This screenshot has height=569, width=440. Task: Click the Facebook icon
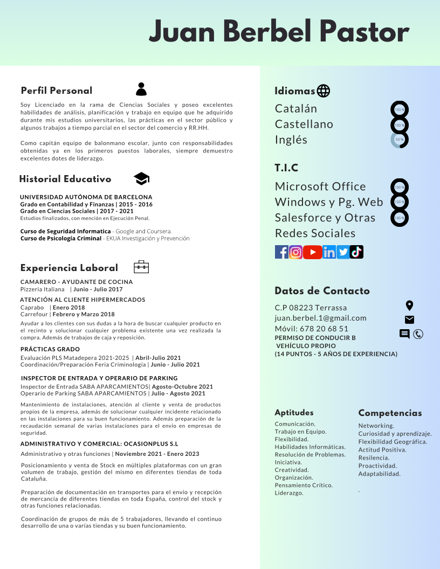[x=282, y=252]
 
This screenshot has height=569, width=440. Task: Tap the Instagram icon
[x=295, y=252]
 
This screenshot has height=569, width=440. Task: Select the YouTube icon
[x=312, y=252]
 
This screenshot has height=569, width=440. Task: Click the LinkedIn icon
[x=329, y=252]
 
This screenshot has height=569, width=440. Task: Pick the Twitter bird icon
[x=343, y=252]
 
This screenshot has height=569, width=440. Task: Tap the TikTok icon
[x=356, y=252]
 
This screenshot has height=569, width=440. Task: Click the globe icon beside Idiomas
[x=324, y=91]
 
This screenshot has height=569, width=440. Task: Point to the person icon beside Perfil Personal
[x=141, y=89]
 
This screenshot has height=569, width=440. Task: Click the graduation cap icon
[x=141, y=179]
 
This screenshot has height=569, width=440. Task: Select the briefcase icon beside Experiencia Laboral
[x=141, y=267]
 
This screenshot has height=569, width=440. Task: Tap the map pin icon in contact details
[x=409, y=306]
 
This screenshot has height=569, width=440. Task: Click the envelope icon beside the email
[x=409, y=320]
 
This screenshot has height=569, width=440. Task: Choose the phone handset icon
[x=418, y=334]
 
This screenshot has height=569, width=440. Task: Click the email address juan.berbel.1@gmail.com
[x=320, y=318]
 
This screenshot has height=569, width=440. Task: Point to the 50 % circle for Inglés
[x=400, y=140]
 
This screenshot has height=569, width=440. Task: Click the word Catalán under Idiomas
[x=296, y=108]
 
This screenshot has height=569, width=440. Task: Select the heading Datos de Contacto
[x=322, y=291]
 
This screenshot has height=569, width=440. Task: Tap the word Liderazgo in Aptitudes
[x=288, y=493]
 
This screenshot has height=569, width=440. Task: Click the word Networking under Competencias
[x=376, y=426]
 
